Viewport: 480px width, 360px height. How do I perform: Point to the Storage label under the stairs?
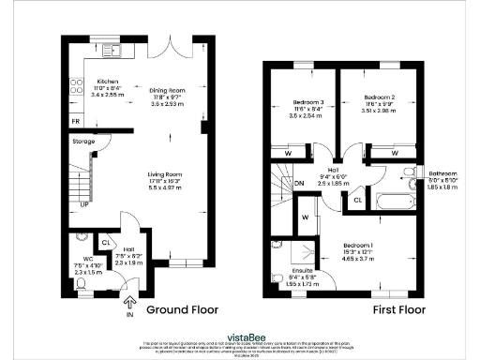(83, 142)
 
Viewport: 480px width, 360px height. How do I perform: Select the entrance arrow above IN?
(127, 302)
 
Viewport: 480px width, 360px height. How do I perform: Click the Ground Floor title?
(180, 308)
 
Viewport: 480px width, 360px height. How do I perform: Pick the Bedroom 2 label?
(380, 97)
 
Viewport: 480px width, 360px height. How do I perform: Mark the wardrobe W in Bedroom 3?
(287, 153)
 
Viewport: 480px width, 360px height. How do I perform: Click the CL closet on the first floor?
(357, 200)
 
